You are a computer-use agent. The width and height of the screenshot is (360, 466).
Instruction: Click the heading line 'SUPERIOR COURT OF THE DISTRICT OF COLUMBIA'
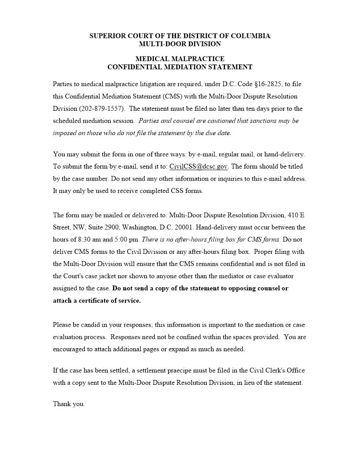click(180, 36)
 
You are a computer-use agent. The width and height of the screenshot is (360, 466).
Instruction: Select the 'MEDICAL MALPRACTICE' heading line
click(180, 59)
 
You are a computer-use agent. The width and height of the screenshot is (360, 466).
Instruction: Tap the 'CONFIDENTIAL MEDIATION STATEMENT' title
click(180, 67)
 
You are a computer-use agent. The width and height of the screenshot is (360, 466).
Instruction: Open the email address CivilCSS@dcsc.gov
click(199, 166)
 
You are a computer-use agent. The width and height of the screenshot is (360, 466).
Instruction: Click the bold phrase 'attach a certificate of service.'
click(97, 301)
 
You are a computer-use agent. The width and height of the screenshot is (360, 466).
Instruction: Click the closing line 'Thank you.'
click(69, 404)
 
